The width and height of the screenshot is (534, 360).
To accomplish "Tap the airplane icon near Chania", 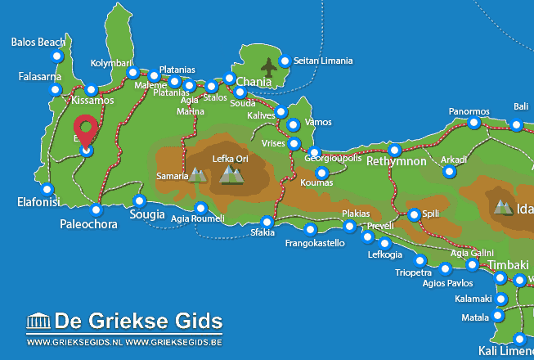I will point(268,65).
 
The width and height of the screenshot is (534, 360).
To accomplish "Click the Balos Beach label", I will point(38,42).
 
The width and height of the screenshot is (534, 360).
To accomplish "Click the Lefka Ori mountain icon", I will point(232,173).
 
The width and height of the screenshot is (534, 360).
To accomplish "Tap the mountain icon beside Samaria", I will point(197,174).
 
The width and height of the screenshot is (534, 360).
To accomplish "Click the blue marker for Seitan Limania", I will point(285,61).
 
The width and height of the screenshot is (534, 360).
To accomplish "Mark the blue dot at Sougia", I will point(139,200).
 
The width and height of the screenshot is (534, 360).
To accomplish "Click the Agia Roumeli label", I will point(197,218).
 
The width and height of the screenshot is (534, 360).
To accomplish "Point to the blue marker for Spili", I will point(414,214).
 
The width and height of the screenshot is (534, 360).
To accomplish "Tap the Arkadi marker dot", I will point(448,171).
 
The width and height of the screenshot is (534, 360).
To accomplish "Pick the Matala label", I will point(475,317).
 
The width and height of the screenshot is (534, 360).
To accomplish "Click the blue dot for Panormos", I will point(473,124).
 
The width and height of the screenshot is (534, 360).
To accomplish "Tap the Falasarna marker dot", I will point(56,88).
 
